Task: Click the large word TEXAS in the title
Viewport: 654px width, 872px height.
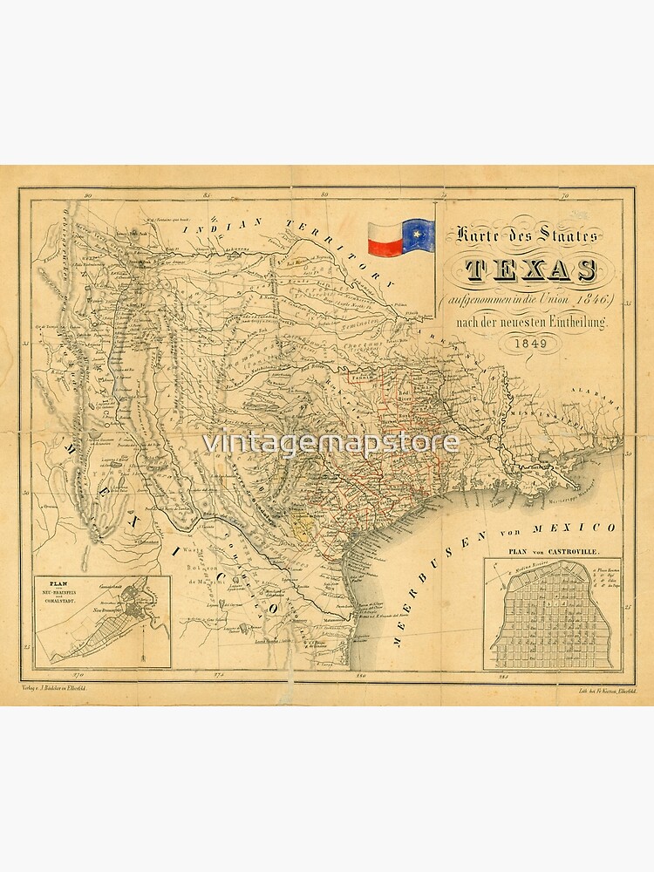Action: [519, 270]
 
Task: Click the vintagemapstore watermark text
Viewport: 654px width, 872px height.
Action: [331, 442]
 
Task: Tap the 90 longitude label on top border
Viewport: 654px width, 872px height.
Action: [88, 196]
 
